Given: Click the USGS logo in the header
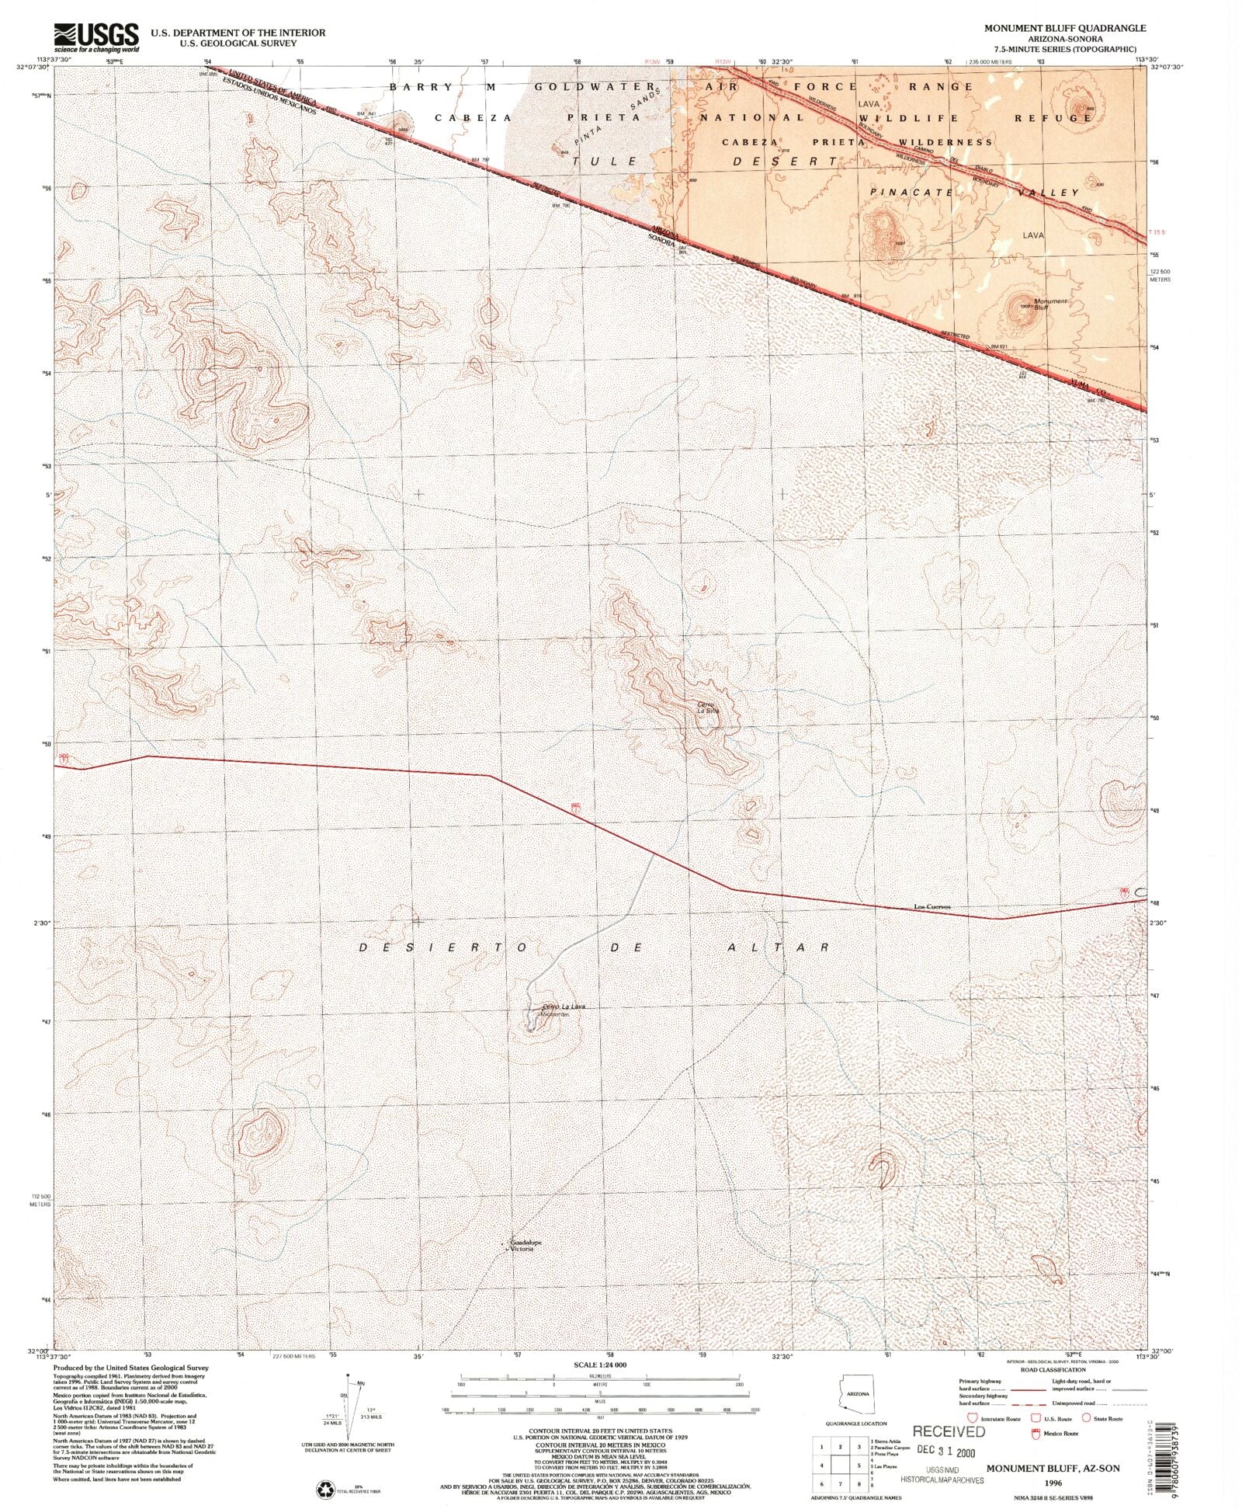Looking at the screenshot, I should (96, 37).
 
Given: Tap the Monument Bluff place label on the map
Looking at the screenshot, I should (1050, 304).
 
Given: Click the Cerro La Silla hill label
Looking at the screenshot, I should (707, 708).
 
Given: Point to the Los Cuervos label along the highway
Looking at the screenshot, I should (931, 906).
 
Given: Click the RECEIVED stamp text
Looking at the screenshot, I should (948, 1431).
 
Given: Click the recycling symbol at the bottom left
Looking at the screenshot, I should (324, 1489).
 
